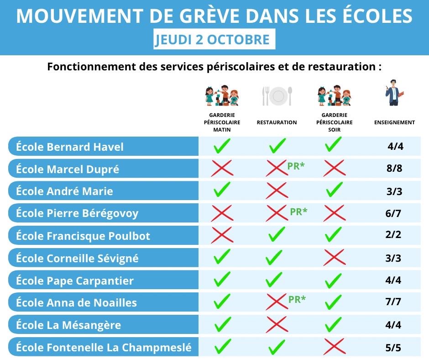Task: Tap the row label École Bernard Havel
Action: click(x=70, y=147)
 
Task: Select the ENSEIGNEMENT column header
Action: click(x=394, y=122)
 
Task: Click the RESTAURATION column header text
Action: click(x=277, y=122)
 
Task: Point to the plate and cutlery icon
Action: click(x=277, y=96)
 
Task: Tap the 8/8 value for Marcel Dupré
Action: click(x=394, y=169)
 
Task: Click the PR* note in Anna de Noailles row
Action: click(x=297, y=299)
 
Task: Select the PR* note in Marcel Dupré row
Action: click(x=296, y=166)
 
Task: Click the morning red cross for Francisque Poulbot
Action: click(x=222, y=236)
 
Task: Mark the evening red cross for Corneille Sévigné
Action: click(x=334, y=258)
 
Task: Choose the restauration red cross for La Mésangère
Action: click(x=277, y=324)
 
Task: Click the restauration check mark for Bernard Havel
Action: click(x=277, y=146)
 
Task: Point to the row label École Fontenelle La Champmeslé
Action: click(x=104, y=348)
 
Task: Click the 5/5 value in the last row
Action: click(x=393, y=348)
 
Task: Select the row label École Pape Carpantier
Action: click(x=75, y=281)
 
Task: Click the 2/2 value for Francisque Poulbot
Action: click(x=393, y=235)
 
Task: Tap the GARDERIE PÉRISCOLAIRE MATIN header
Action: click(x=222, y=122)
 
